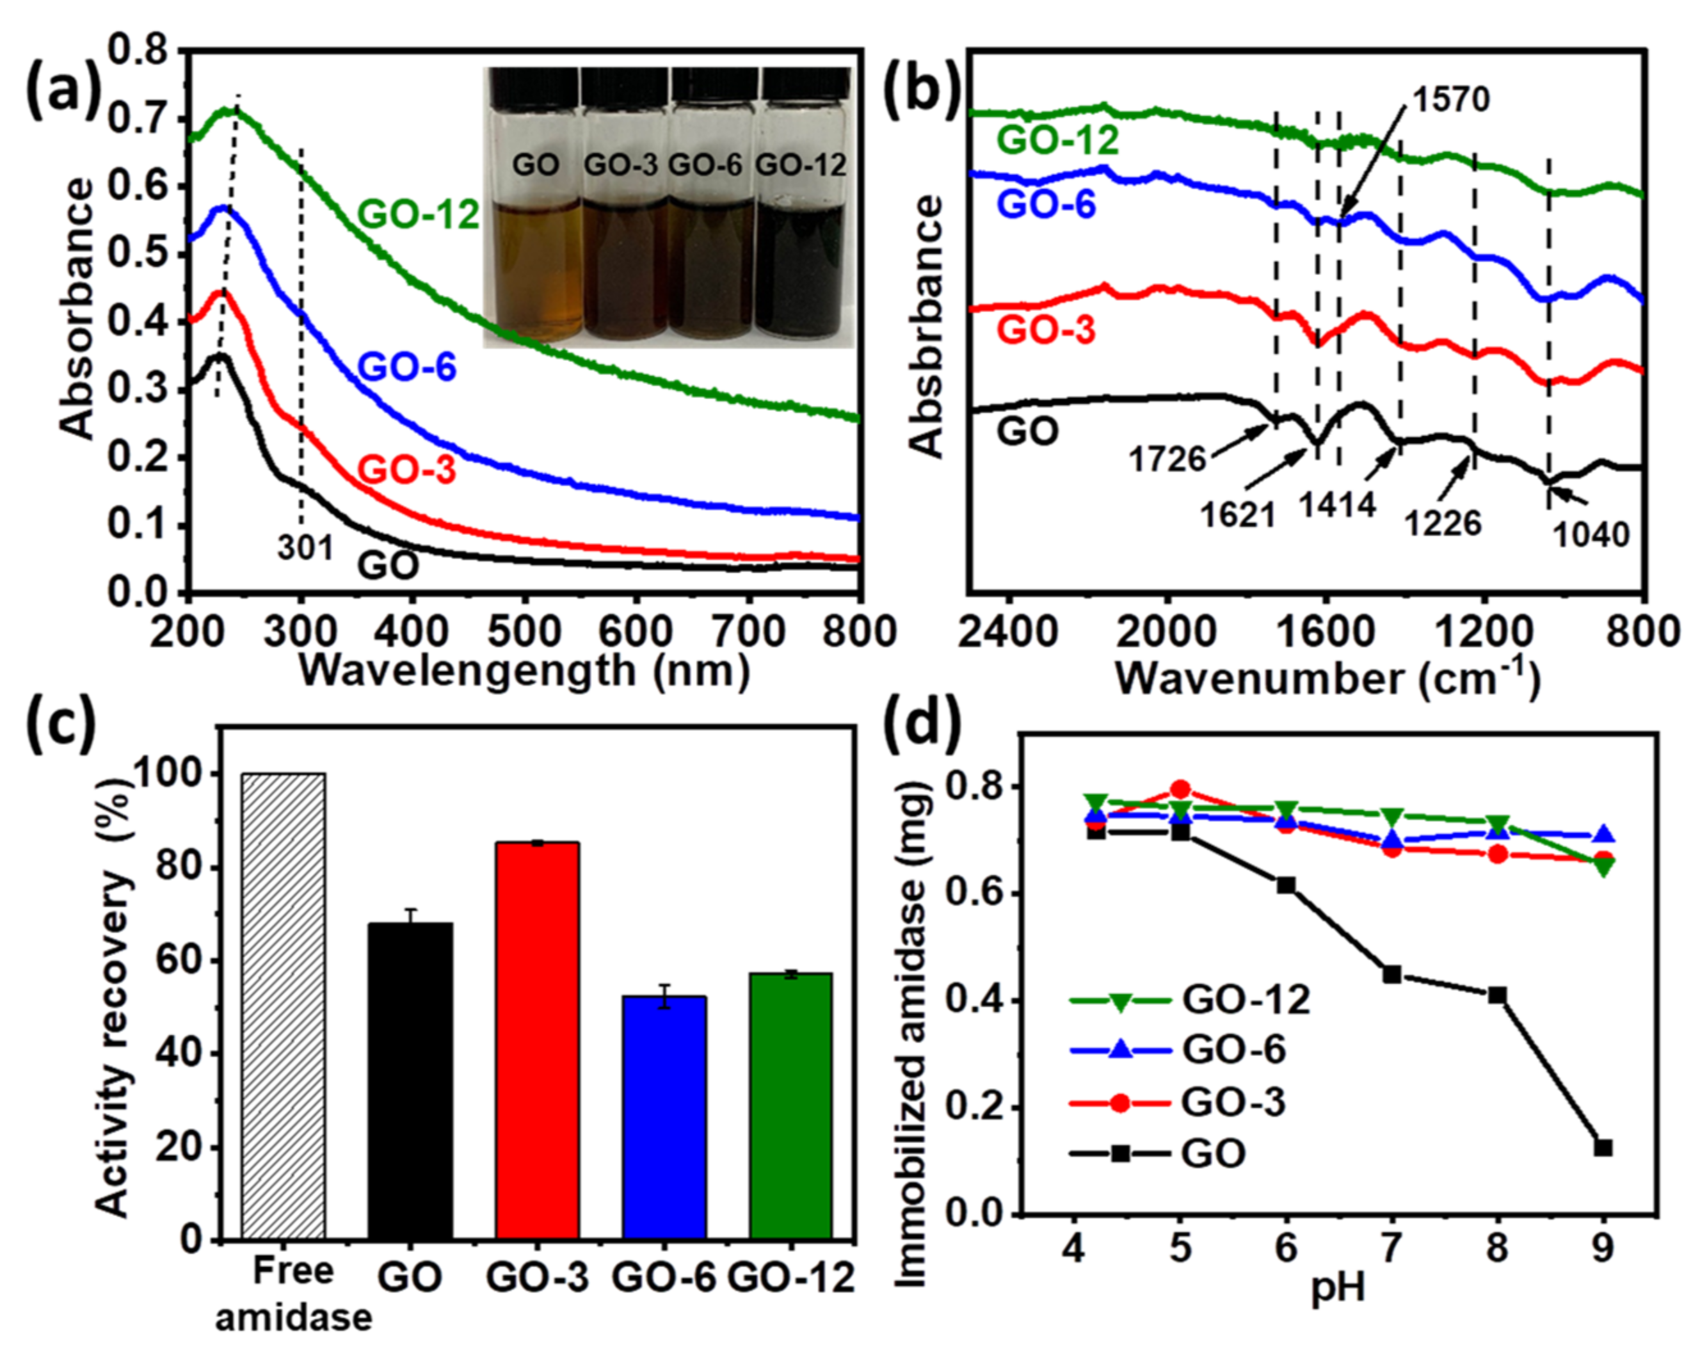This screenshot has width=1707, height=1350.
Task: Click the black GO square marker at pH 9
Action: pyautogui.click(x=1603, y=1171)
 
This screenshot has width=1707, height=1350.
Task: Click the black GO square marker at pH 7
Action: pyautogui.click(x=1391, y=974)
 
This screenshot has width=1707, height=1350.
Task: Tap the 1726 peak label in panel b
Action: pyautogui.click(x=1167, y=458)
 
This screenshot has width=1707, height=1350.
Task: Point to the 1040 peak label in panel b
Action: pyautogui.click(x=1591, y=535)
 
